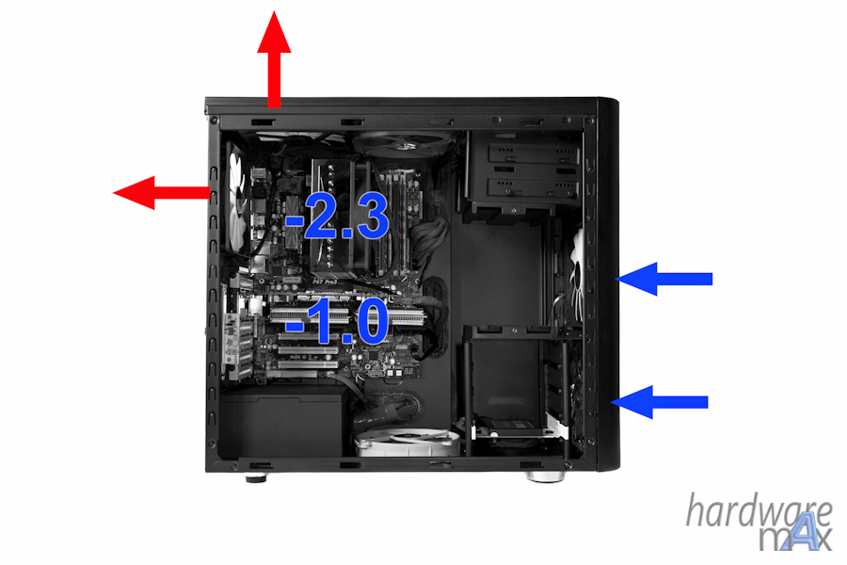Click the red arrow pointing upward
point(275,59)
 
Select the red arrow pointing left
point(162,192)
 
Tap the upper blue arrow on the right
point(663,279)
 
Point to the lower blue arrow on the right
point(659,402)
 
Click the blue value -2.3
point(337,217)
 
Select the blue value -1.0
point(337,322)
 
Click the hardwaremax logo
point(759,522)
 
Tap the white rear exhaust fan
point(238,202)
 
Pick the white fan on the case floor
point(408,443)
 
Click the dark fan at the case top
point(403,144)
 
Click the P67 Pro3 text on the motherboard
point(325,282)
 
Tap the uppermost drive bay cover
point(533,154)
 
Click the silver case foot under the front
point(546,476)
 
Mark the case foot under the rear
point(256,477)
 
